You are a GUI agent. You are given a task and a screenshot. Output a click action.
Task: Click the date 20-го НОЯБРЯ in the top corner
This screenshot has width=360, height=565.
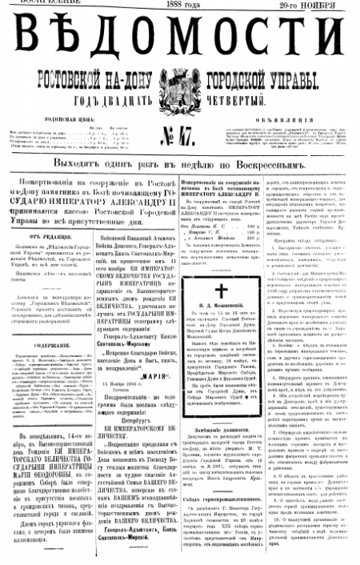point(315,5)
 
